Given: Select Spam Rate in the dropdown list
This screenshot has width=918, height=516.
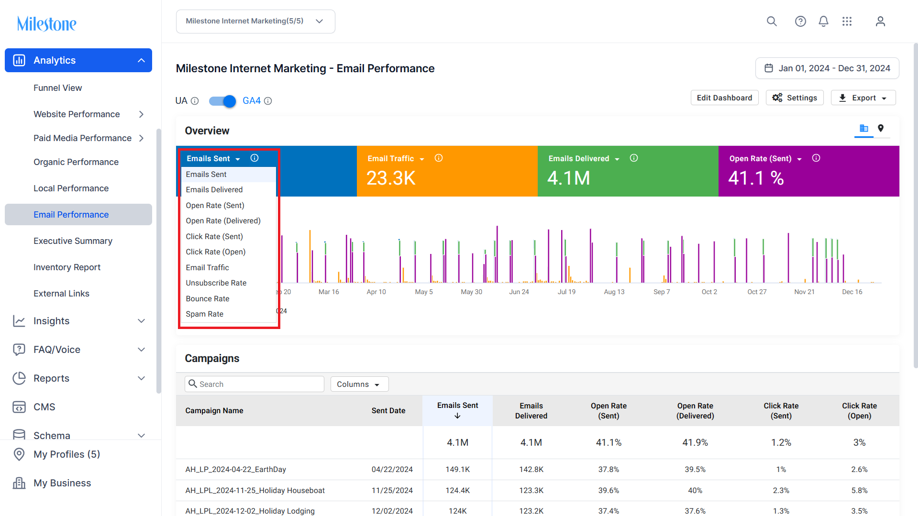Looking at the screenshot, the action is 205,314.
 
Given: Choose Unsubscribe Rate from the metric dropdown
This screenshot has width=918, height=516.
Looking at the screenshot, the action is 216,283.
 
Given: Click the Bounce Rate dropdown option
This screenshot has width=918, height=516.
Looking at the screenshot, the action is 208,299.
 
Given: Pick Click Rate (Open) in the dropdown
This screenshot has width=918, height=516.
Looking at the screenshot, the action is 216,252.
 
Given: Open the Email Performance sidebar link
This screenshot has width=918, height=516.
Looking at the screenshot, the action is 71,215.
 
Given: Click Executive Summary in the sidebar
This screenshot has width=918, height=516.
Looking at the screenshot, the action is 73,241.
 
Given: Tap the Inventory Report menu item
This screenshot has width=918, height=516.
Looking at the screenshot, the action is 67,267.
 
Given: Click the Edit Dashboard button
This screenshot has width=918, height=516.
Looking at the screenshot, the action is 724,98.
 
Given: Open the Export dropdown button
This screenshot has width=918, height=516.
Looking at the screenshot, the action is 863,98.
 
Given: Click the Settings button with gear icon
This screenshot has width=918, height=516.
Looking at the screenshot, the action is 795,98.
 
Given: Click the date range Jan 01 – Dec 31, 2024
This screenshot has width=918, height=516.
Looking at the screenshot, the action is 827,68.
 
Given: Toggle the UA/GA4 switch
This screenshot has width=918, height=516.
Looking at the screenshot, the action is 222,101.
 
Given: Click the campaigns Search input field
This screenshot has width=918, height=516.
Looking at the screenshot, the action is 254,384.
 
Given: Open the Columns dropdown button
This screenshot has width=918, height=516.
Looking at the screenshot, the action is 359,384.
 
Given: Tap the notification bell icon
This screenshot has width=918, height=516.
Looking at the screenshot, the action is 823,22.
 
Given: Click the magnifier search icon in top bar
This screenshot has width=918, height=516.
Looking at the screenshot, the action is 772,22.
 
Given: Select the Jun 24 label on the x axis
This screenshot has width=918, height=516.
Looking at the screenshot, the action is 519,292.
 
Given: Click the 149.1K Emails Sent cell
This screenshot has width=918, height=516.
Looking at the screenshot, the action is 458,470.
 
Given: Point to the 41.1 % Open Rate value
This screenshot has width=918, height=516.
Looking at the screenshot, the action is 756,178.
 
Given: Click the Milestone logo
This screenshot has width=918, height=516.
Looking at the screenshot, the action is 47,23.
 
